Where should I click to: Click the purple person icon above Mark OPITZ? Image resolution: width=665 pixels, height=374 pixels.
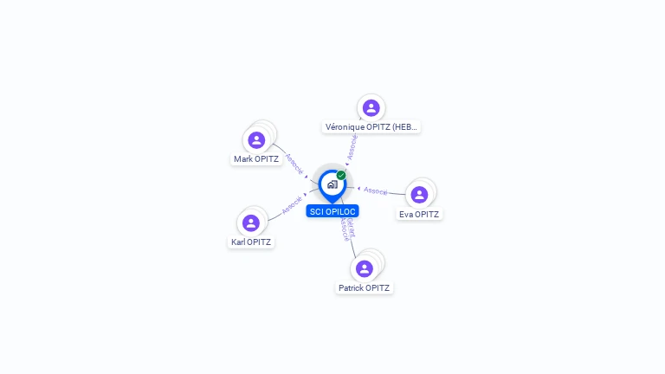pyautogui.click(x=256, y=139)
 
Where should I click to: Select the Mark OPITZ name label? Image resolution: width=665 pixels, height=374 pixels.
pyautogui.click(x=256, y=159)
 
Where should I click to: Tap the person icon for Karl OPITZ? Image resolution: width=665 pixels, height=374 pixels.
pyautogui.click(x=251, y=222)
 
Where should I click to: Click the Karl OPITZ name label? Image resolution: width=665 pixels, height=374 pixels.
pyautogui.click(x=251, y=242)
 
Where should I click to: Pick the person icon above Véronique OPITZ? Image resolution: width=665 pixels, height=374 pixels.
pyautogui.click(x=371, y=108)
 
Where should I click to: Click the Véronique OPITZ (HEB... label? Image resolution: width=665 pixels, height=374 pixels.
pyautogui.click(x=371, y=127)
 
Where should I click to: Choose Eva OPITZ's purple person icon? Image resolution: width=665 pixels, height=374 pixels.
pyautogui.click(x=419, y=195)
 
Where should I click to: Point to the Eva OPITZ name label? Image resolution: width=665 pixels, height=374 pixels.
pyautogui.click(x=419, y=215)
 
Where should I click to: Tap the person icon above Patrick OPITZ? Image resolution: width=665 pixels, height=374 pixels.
pyautogui.click(x=365, y=268)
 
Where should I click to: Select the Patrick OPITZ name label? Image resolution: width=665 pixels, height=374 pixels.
pyautogui.click(x=365, y=288)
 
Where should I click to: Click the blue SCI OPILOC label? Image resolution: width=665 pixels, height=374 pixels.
pyautogui.click(x=332, y=211)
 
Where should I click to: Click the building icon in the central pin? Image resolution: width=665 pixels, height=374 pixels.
pyautogui.click(x=332, y=184)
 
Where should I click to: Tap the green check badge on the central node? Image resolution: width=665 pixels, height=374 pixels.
pyautogui.click(x=341, y=175)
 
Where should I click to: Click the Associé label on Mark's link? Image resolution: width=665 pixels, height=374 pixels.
pyautogui.click(x=294, y=164)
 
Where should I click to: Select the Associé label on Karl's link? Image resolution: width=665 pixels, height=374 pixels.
pyautogui.click(x=292, y=204)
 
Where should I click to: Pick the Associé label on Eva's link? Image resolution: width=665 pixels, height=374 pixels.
pyautogui.click(x=376, y=190)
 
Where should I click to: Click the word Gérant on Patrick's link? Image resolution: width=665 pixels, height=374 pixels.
pyautogui.click(x=351, y=223)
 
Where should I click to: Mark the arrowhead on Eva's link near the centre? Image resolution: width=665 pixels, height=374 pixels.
pyautogui.click(x=358, y=188)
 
